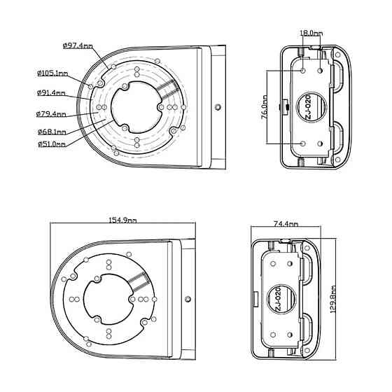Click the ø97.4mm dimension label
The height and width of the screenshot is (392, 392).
tap(78, 46)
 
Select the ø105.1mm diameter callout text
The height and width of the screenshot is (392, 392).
tap(52, 73)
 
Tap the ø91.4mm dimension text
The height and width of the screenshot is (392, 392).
tap(51, 92)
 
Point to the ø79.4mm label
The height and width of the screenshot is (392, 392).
tap(51, 114)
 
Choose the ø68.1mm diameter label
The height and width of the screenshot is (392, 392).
tap(52, 132)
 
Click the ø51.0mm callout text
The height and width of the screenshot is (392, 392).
tap(52, 144)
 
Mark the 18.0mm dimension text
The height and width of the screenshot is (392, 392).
tap(311, 33)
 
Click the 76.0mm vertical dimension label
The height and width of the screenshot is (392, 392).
tap(265, 106)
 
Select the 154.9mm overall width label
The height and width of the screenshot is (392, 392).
tap(122, 220)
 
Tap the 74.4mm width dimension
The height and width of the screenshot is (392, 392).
tap(286, 224)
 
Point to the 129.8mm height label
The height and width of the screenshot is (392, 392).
tap(333, 300)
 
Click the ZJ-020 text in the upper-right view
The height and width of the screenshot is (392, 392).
tap(308, 107)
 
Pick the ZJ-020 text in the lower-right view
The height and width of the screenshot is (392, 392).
tap(278, 299)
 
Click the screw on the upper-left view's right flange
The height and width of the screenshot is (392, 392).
tap(218, 107)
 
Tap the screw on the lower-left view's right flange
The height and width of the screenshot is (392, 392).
tap(188, 299)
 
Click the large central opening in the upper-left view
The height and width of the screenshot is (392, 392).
tap(136, 107)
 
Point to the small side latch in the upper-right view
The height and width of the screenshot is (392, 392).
tap(284, 107)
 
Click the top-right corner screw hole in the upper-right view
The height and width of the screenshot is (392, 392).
tap(337, 55)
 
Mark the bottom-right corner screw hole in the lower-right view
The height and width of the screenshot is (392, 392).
tap(307, 350)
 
